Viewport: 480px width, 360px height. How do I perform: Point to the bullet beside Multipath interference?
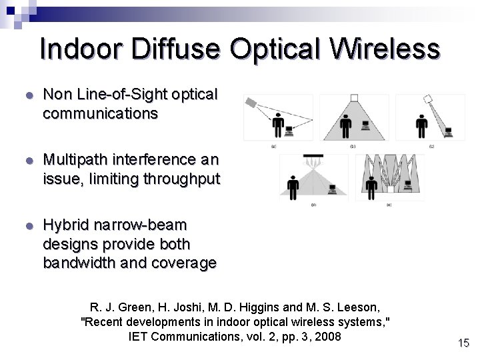click(27, 161)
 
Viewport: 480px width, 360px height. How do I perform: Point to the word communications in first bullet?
click(100, 114)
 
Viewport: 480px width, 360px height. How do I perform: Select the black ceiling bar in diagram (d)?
click(312, 157)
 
